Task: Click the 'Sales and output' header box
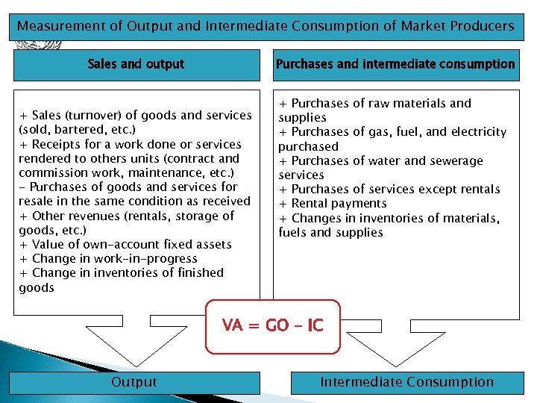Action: pos(136,64)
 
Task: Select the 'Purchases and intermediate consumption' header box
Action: pos(395,64)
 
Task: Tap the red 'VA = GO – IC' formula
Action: pos(272,325)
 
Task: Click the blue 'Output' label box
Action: pos(134,382)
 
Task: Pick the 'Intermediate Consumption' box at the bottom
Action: pos(406,382)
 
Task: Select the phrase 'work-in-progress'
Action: pos(151,259)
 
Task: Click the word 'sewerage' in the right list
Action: pos(454,160)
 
